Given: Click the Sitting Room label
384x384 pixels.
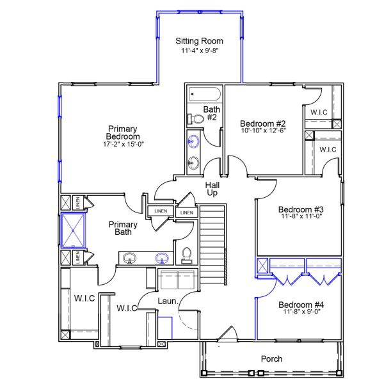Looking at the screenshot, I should (200, 42).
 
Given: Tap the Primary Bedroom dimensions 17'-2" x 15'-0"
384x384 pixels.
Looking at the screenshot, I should (124, 145).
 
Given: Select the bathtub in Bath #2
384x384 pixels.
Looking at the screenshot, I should (204, 96).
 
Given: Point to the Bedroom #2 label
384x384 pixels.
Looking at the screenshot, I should (262, 124).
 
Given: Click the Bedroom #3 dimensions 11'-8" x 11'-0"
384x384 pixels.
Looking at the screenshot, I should (301, 217).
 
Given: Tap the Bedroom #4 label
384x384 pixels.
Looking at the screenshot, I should (301, 304).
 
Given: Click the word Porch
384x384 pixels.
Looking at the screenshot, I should (271, 359).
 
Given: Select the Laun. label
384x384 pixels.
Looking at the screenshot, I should (168, 300).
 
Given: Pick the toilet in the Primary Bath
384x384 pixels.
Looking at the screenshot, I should (187, 255).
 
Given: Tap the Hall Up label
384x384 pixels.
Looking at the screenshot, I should (212, 189).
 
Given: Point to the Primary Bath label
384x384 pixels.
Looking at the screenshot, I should (123, 228).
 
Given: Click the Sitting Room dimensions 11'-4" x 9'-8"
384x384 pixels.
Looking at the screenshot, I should (200, 51).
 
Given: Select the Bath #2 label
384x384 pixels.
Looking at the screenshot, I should (212, 113).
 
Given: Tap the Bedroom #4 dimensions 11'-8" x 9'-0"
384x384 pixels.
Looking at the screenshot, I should (301, 312).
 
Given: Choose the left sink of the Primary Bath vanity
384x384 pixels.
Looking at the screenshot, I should (131, 259).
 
